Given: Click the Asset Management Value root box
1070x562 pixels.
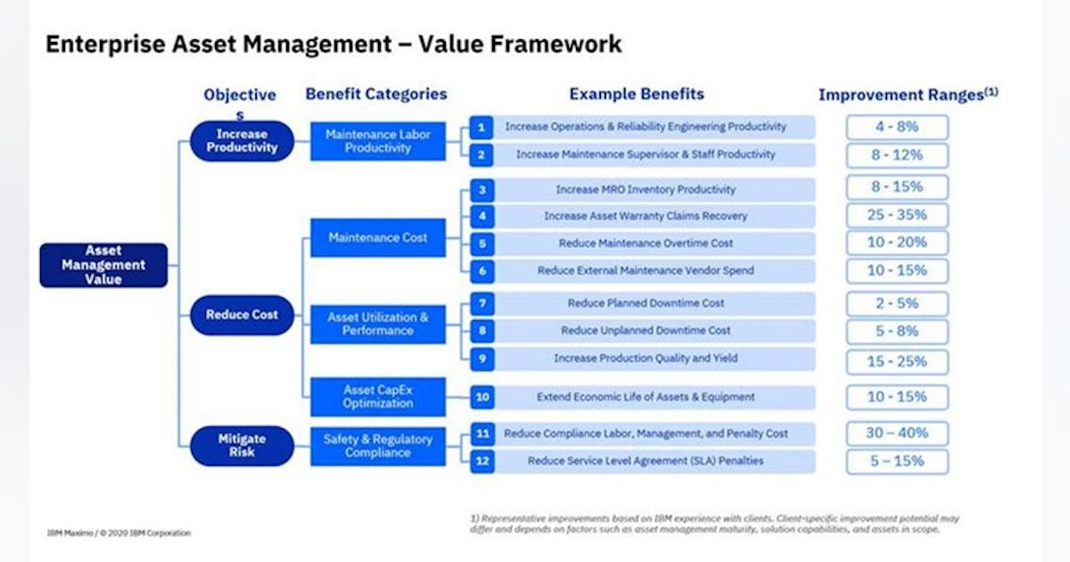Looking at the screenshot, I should click(103, 265).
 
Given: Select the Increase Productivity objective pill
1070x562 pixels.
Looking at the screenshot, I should click(242, 141).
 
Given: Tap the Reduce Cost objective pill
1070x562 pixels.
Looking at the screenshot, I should click(242, 315).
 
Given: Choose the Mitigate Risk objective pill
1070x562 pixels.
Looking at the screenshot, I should click(242, 445).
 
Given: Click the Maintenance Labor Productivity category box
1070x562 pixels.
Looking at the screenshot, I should click(377, 141).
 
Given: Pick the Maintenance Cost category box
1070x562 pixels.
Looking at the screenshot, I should click(377, 238).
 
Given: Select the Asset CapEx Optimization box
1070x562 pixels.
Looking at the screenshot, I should click(377, 397).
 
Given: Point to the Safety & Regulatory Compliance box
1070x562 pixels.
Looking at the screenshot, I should click(377, 445).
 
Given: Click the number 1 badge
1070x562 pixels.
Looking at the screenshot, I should click(481, 128).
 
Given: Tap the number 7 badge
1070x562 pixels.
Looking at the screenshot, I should click(481, 303).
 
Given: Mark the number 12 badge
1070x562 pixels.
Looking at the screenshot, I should click(481, 461).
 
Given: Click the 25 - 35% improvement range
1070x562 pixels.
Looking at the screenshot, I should click(897, 215).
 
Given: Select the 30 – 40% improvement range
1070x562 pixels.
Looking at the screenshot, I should click(897, 434).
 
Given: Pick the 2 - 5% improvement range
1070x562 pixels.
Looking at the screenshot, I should click(897, 303).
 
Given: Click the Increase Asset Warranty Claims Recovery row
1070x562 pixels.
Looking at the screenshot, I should click(645, 216).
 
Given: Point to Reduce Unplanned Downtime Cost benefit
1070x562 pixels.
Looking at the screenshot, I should click(645, 331).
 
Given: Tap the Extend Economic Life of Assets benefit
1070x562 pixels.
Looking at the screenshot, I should click(645, 397).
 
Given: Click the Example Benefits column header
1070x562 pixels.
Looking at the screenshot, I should click(637, 94).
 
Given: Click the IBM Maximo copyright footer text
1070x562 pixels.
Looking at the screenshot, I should click(119, 533).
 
